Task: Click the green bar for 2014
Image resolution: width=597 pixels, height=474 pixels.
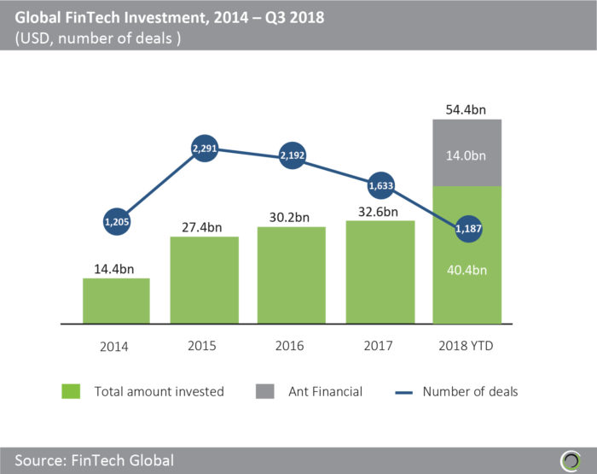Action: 116,301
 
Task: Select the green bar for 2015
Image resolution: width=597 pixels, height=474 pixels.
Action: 204,280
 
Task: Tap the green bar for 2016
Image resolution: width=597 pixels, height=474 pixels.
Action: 292,275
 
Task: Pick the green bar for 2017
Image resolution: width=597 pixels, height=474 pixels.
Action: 380,272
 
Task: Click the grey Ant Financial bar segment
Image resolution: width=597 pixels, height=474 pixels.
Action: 467,153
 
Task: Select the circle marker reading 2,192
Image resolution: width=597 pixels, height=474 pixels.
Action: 292,156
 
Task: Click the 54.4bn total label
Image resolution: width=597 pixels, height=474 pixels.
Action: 467,109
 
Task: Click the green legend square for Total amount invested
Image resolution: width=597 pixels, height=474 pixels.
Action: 72,391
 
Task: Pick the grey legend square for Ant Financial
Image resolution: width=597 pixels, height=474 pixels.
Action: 265,391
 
